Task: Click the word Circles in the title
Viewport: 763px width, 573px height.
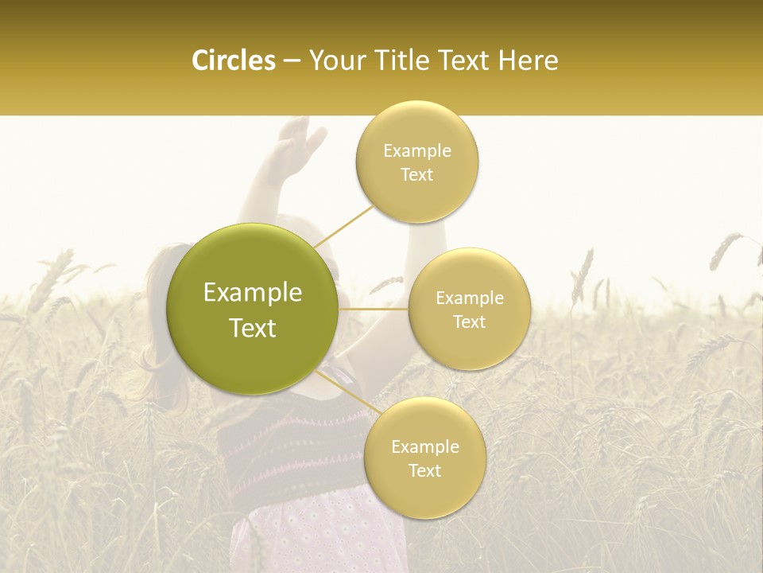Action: pos(233,60)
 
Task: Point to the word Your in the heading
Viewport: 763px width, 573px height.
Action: pos(334,60)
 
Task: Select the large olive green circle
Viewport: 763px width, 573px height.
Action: pos(252,309)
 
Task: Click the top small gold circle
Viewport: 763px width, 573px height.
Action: pos(416,162)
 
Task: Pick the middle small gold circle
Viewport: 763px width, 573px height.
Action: pos(469,309)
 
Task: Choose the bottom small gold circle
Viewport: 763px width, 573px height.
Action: pos(424,458)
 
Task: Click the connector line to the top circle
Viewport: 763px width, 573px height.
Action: pos(343,225)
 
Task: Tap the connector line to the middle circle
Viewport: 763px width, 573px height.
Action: pos(374,309)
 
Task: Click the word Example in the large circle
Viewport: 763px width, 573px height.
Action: pos(252,293)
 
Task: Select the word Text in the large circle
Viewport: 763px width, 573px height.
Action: pos(252,328)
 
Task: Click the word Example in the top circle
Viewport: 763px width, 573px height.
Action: pos(416,151)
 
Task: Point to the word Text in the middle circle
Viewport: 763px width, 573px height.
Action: pos(469,322)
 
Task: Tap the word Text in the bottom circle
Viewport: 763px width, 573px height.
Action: pos(424,470)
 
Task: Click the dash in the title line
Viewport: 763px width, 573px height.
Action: pos(292,61)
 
